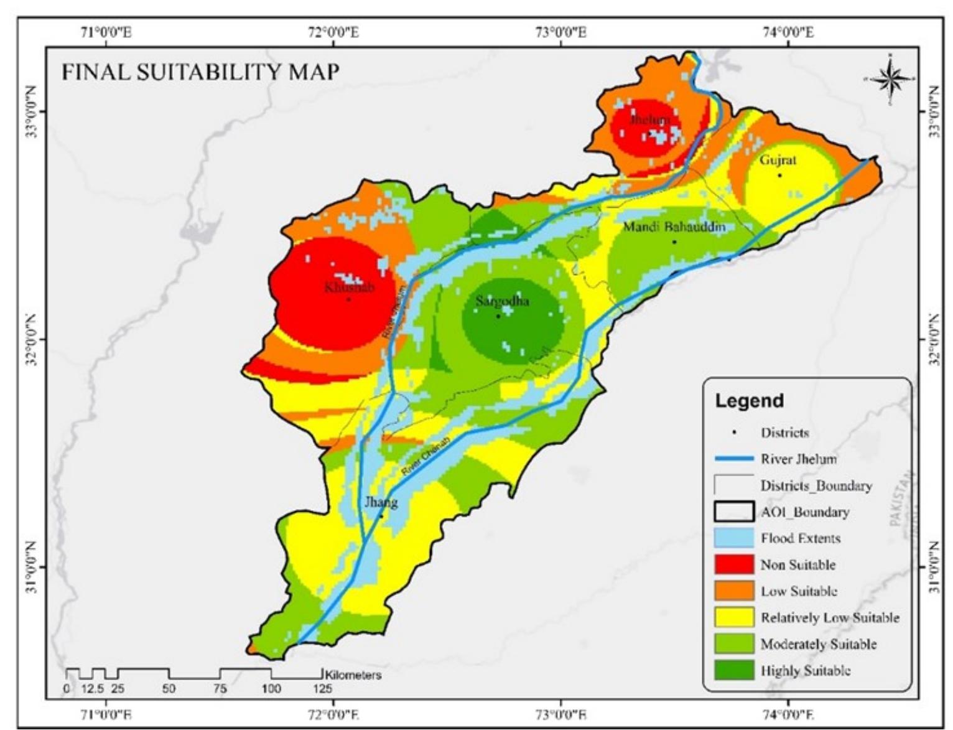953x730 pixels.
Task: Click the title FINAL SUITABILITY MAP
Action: [200, 72]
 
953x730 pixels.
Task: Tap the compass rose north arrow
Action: [890, 79]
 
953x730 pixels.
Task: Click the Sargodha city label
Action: [502, 302]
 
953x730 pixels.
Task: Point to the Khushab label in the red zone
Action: [349, 288]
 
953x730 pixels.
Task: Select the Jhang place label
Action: [381, 502]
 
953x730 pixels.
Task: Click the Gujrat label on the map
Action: [778, 160]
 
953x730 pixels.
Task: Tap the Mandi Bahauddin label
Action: [674, 227]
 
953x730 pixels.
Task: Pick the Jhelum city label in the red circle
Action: [650, 119]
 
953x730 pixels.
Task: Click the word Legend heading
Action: [750, 401]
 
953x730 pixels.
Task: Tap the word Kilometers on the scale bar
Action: [353, 675]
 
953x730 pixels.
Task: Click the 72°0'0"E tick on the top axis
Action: [333, 32]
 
